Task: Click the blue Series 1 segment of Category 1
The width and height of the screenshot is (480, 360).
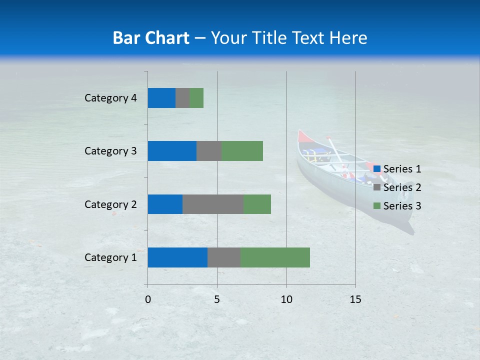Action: [x=177, y=257]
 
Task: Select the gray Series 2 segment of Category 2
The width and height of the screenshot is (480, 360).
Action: [x=213, y=204]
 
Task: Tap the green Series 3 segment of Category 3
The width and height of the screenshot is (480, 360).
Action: [x=242, y=151]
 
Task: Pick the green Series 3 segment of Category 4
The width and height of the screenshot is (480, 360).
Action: [x=196, y=98]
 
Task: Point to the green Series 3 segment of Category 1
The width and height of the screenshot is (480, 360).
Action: [x=275, y=257]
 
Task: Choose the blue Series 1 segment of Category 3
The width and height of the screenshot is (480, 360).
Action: [x=172, y=151]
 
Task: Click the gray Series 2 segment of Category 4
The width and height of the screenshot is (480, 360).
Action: [x=182, y=98]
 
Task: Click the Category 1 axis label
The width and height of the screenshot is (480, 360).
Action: [x=110, y=257]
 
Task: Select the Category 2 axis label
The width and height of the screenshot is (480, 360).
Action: [x=110, y=204]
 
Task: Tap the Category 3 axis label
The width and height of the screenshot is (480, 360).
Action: [x=110, y=151]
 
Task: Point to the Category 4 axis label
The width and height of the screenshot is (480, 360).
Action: [x=110, y=98]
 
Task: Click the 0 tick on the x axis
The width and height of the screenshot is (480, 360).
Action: [x=148, y=299]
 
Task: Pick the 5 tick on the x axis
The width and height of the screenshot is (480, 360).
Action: [x=217, y=299]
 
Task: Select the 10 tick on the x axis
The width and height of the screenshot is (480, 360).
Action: [x=286, y=299]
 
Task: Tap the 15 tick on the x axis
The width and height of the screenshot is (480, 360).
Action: [x=355, y=299]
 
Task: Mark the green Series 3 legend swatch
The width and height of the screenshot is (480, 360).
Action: [x=376, y=206]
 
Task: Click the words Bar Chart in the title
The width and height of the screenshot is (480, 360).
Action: [x=150, y=38]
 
